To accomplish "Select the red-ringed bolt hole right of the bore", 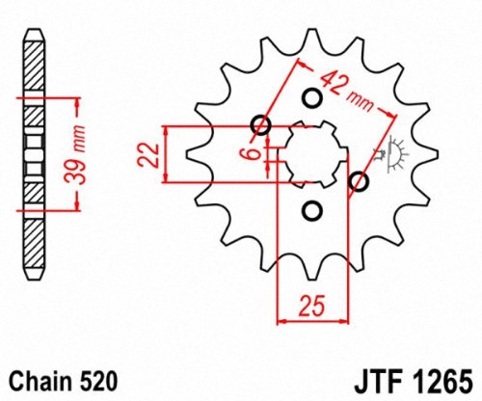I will (360, 181).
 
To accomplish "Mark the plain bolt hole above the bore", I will (310, 97).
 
